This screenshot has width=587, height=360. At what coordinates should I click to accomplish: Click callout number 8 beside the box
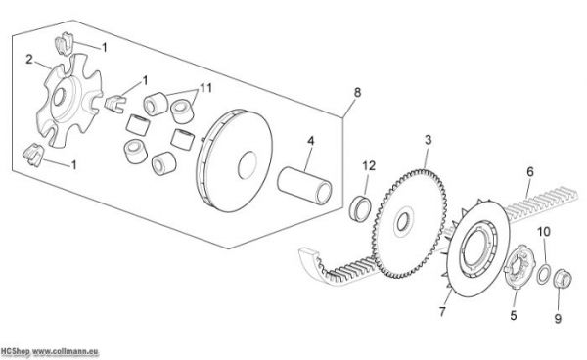pos(357,92)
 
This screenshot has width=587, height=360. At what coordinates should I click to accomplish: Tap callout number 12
pos(369,165)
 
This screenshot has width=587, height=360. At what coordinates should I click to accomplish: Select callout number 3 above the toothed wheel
pos(428,140)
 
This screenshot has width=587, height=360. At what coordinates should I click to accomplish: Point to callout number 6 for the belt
pos(530,172)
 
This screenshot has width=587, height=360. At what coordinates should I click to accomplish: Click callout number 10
pos(544,232)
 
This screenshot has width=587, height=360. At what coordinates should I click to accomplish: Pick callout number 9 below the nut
pos(558,319)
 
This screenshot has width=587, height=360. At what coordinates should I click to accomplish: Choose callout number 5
pos(514,315)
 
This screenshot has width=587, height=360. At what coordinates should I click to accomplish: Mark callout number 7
pos(442,311)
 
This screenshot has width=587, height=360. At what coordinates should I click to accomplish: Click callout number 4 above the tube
pos(311,141)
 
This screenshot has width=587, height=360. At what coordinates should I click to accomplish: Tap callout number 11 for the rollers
pos(205,88)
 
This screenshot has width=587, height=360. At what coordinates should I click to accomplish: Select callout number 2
pos(29,59)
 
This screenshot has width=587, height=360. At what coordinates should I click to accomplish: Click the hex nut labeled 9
pos(563,279)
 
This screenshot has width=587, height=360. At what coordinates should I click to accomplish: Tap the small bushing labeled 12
pos(360,208)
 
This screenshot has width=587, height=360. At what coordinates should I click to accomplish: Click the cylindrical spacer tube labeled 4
pos(304,185)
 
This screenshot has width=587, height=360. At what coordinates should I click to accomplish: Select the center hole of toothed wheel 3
pos(403,222)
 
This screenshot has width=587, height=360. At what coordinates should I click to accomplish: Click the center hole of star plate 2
pos(59,98)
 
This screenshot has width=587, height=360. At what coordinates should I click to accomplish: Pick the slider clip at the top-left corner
pos(65,43)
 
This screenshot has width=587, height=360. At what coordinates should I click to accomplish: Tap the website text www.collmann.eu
pos(66,351)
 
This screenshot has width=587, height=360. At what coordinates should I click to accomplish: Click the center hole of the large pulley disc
pos(248,165)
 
